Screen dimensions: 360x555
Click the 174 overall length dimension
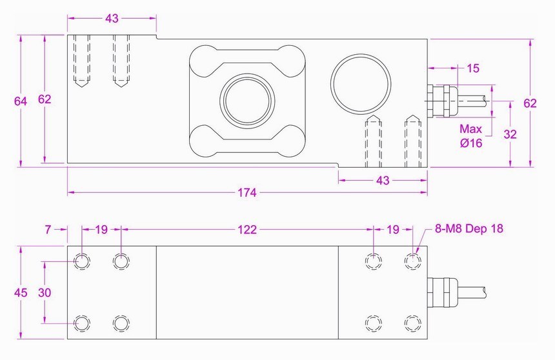point(247,192)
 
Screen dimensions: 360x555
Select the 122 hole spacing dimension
point(247,229)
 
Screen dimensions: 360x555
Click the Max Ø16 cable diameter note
point(471,136)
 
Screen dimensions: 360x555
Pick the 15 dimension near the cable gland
point(472,67)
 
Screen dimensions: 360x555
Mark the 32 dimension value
point(510,134)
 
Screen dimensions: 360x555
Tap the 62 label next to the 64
point(44,99)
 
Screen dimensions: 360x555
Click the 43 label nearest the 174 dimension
point(383,181)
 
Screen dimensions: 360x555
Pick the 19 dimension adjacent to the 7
point(101,229)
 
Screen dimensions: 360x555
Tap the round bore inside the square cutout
point(247,101)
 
